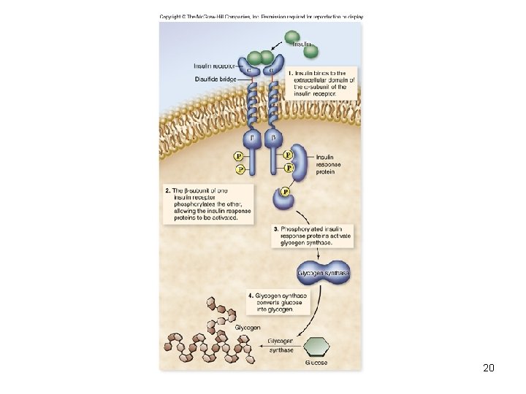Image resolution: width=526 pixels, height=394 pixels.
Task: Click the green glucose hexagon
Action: [x=316, y=345]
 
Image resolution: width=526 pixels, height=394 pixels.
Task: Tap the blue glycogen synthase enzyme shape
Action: [x=324, y=272]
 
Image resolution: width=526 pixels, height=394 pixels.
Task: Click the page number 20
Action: [x=489, y=368]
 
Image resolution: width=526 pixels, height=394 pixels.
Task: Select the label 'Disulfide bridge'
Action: [x=216, y=79]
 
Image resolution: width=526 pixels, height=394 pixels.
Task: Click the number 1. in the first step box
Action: [x=291, y=73]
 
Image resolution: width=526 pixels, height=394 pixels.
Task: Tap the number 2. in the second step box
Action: [x=167, y=191]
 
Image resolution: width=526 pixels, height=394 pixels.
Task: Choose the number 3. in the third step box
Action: [x=275, y=229]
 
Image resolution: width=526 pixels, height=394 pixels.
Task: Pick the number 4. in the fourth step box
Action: [x=251, y=295]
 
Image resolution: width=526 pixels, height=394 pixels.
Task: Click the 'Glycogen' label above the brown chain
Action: [x=248, y=328]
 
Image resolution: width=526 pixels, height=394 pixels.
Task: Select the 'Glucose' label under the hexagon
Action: [x=316, y=362]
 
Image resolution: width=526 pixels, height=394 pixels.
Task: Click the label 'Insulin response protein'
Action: [x=326, y=164]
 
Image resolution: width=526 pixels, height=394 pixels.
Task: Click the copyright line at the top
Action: [x=262, y=17]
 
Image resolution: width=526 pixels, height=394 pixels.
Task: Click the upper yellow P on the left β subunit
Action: [x=238, y=155]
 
